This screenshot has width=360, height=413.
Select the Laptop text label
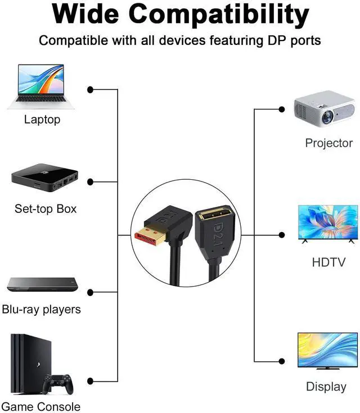(42, 119)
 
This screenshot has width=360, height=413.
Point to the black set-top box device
(45, 180)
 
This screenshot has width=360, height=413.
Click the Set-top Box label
(45, 209)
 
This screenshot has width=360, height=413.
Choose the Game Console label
(40, 406)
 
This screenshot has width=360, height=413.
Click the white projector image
(325, 107)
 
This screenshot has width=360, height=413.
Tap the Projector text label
(328, 143)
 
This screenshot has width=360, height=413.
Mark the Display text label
(326, 387)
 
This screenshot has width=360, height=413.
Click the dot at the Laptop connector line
(90, 89)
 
